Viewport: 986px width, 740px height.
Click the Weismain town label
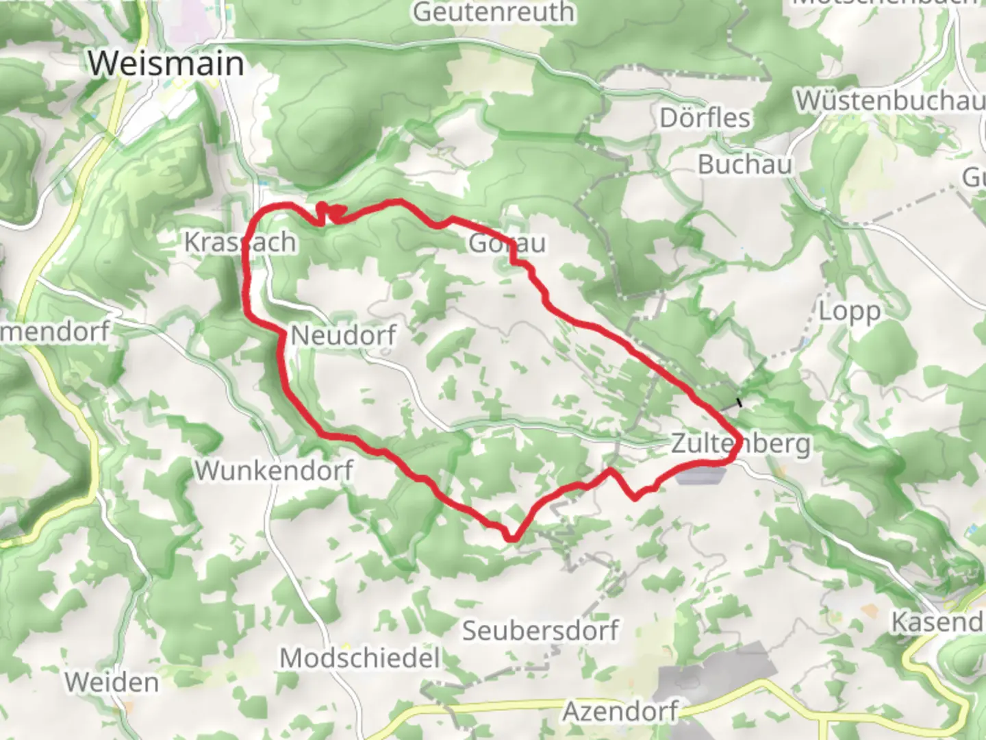click(166, 63)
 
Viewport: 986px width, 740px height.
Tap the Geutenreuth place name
click(493, 12)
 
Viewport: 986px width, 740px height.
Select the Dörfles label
click(705, 118)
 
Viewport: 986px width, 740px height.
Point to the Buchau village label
click(744, 164)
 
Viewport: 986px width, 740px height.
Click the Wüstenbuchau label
click(889, 101)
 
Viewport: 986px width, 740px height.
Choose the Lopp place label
click(849, 312)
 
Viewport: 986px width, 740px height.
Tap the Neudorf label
click(344, 336)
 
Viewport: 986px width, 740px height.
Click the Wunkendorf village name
click(274, 471)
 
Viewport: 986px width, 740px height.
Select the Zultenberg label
click(741, 443)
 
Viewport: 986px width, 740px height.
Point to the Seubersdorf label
click(540, 630)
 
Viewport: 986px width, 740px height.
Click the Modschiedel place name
click(359, 658)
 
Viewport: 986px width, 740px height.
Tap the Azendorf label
click(620, 712)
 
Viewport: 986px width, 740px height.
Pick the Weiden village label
click(112, 682)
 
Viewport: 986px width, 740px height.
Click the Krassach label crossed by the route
click(240, 242)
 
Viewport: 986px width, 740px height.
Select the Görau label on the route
click(507, 243)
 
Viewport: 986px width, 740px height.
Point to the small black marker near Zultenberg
click(739, 403)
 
